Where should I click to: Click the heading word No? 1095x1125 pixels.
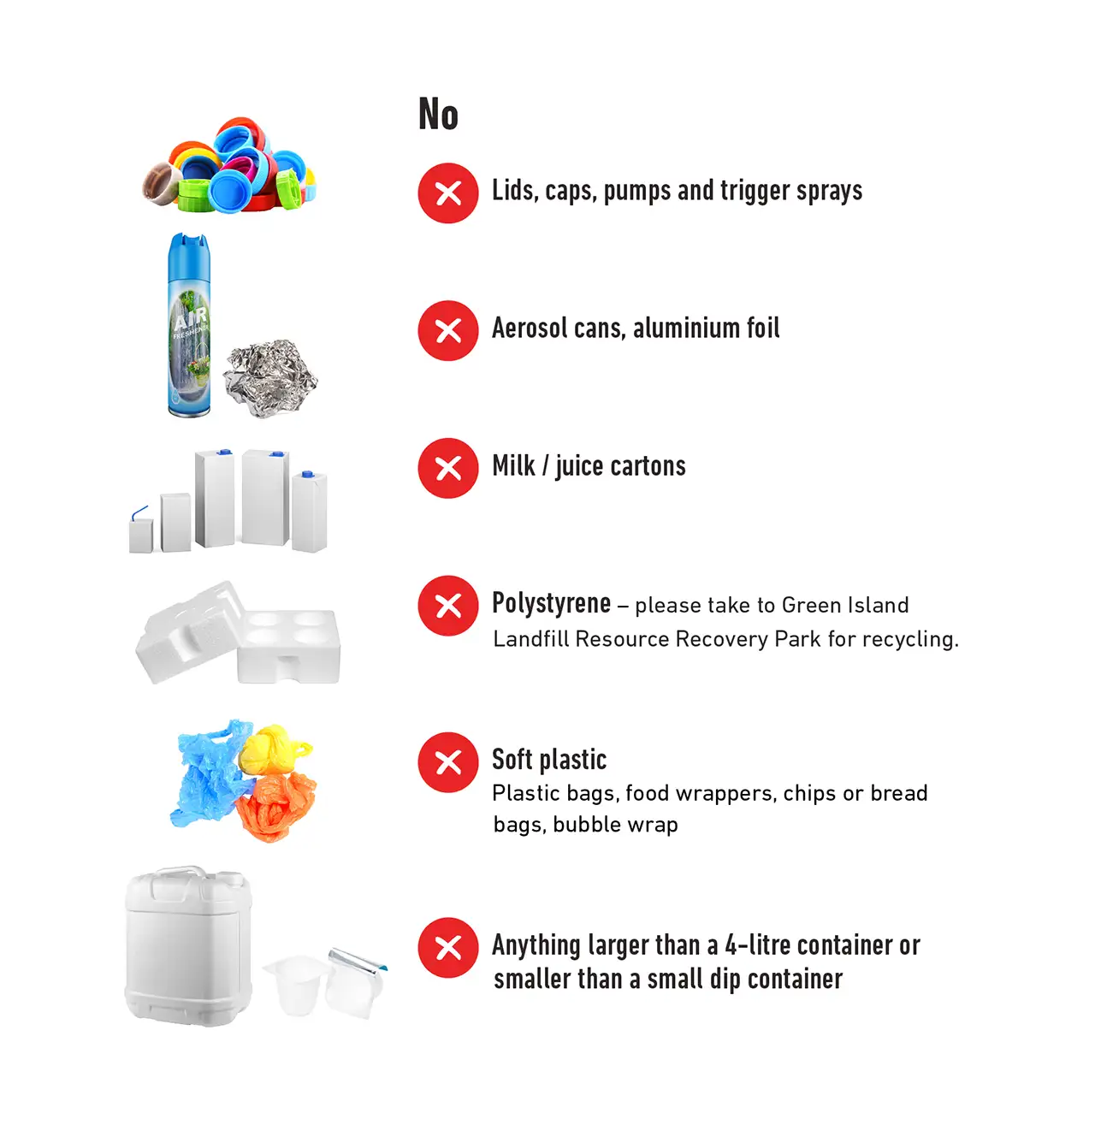pyautogui.click(x=438, y=115)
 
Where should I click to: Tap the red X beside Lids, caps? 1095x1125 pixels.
pyautogui.click(x=448, y=193)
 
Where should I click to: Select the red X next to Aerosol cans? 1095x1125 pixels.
pyautogui.click(x=448, y=330)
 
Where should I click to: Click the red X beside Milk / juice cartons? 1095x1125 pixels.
pyautogui.click(x=448, y=468)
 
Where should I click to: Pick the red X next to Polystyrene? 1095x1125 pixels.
pyautogui.click(x=448, y=606)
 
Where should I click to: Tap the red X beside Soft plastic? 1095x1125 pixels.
pyautogui.click(x=448, y=762)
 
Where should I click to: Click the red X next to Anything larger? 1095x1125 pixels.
pyautogui.click(x=448, y=948)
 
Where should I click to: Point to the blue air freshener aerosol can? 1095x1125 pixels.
pyautogui.click(x=189, y=325)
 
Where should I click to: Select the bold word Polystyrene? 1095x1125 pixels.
pyautogui.click(x=551, y=603)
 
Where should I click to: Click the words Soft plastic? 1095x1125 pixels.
pyautogui.click(x=548, y=760)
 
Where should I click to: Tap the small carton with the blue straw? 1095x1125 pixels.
pyautogui.click(x=140, y=532)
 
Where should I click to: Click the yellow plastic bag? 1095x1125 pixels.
pyautogui.click(x=270, y=749)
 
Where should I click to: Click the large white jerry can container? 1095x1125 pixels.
pyautogui.click(x=189, y=945)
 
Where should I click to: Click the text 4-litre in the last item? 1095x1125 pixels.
pyautogui.click(x=757, y=945)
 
